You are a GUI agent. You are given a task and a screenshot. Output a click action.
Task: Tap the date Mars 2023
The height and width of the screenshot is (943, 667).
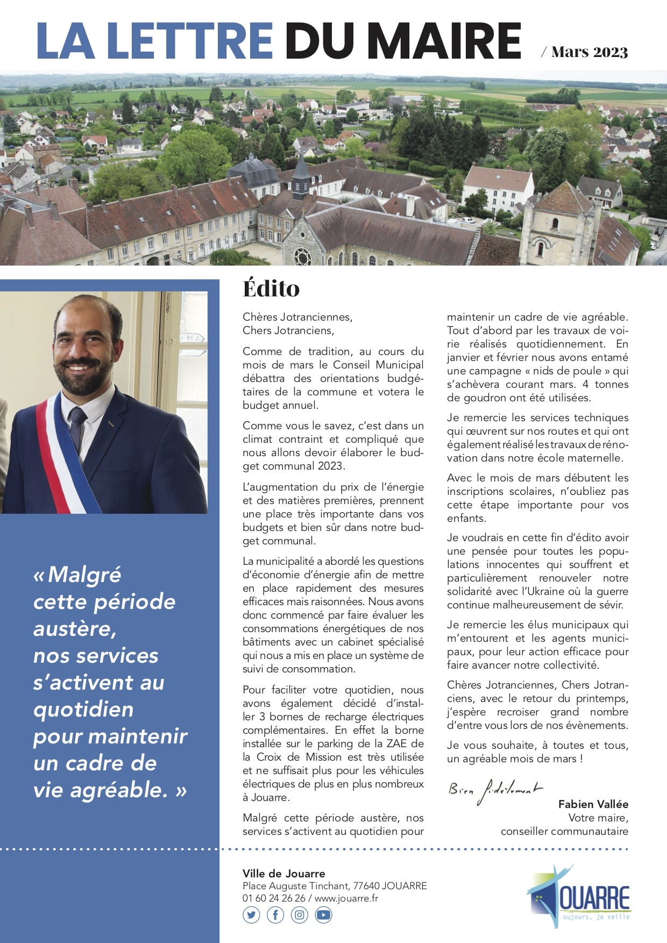tap(590, 52)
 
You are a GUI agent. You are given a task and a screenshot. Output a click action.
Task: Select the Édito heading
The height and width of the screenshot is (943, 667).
tap(271, 288)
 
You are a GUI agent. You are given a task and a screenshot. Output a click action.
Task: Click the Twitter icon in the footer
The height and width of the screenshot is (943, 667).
tap(251, 914)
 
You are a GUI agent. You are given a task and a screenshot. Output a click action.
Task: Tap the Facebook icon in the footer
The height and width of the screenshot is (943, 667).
tap(275, 914)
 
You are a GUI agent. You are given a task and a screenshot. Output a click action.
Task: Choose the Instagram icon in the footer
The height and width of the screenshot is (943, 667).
tap(300, 914)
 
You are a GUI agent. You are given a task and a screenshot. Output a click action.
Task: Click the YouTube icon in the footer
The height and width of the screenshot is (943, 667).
tap(323, 914)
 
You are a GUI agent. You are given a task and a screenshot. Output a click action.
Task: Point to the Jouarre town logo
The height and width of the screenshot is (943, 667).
tap(579, 896)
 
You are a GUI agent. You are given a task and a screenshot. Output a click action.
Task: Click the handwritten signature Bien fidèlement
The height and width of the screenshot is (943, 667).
tap(495, 790)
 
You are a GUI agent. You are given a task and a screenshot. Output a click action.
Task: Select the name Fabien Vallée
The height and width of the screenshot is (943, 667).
tap(593, 804)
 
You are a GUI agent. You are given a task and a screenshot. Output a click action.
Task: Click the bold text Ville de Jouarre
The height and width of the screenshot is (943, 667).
tap(283, 874)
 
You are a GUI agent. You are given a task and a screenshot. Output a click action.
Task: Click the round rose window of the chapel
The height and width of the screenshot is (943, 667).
tap(302, 257)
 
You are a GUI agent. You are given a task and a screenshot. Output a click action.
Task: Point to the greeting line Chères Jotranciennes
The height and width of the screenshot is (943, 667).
tap(297, 317)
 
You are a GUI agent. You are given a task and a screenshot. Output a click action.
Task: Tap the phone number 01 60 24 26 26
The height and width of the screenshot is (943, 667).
tap(273, 898)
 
